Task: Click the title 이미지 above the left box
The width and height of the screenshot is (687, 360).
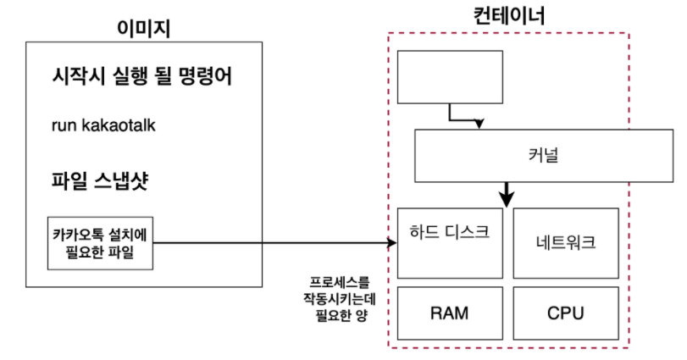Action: pos(144,27)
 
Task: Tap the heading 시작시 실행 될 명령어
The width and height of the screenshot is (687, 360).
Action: pos(141,79)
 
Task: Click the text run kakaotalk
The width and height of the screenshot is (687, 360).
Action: pos(103,126)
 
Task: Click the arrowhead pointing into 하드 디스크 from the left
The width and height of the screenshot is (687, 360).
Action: pos(393,244)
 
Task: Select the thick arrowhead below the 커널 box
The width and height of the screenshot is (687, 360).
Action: pos(507,200)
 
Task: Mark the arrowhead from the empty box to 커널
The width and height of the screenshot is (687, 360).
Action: pos(479,124)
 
